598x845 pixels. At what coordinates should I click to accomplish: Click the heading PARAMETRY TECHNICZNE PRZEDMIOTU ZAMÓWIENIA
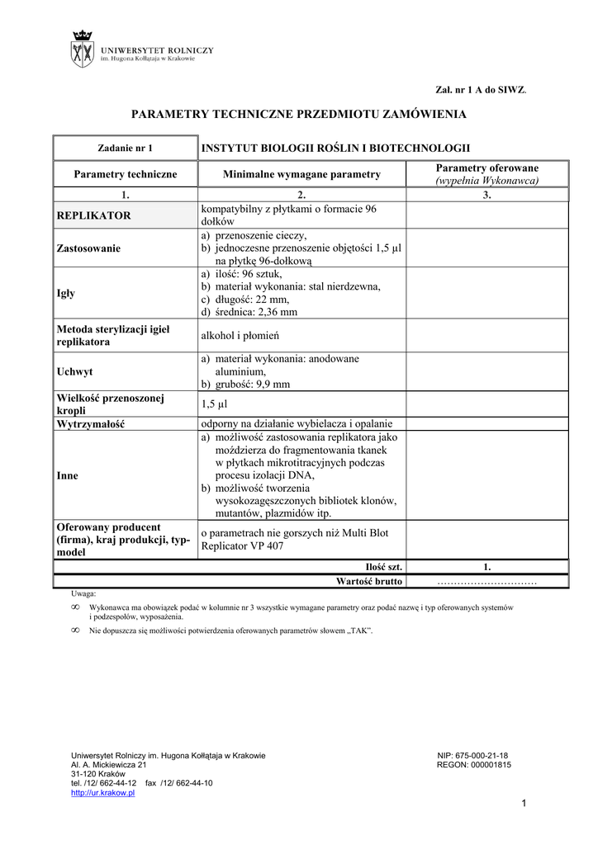click(299, 114)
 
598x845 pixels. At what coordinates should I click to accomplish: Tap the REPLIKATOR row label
click(93, 215)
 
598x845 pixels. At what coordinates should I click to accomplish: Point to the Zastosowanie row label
click(88, 248)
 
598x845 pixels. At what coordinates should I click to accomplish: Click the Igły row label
click(66, 293)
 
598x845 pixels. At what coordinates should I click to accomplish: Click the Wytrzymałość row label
click(94, 423)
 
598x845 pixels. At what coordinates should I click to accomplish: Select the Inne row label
click(67, 475)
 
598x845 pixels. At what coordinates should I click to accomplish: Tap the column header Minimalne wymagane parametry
click(301, 174)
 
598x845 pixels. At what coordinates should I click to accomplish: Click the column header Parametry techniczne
click(126, 174)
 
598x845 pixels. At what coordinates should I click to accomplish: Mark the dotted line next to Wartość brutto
click(486, 582)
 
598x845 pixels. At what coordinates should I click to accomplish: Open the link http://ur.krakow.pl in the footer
click(103, 792)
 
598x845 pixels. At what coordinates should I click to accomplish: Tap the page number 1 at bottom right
click(524, 804)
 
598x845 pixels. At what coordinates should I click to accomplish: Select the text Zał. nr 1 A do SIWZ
click(481, 88)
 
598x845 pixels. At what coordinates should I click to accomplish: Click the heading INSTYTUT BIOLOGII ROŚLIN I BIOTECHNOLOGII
click(336, 148)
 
